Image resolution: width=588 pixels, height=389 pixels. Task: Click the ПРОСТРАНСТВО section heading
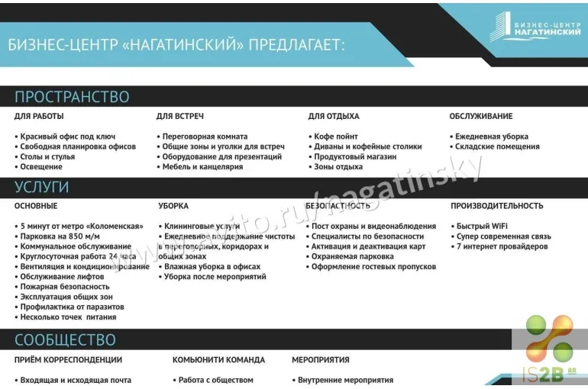pos(72,97)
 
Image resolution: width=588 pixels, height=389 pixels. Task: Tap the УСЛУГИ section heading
pos(41,187)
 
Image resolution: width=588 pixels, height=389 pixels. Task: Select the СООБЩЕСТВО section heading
pos(65,340)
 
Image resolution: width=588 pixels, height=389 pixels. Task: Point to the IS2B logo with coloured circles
pos(549,350)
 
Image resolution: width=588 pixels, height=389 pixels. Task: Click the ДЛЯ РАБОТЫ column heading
pos(39,117)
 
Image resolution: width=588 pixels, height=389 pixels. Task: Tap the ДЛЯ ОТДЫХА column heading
pos(334,117)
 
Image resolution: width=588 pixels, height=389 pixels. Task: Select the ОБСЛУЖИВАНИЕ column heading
pos(481,117)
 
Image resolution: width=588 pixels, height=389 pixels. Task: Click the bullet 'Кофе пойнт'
pos(335,137)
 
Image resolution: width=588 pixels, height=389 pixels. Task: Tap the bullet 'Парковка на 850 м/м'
pos(60,236)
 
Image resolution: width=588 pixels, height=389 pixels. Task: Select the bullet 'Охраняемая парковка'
pos(352,256)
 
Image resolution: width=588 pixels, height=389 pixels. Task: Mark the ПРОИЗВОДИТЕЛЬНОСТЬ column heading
pos(497,206)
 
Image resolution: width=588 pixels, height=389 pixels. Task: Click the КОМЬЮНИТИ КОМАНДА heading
pos(218,360)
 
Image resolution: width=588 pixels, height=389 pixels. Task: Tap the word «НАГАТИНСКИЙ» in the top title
pos(183,45)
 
